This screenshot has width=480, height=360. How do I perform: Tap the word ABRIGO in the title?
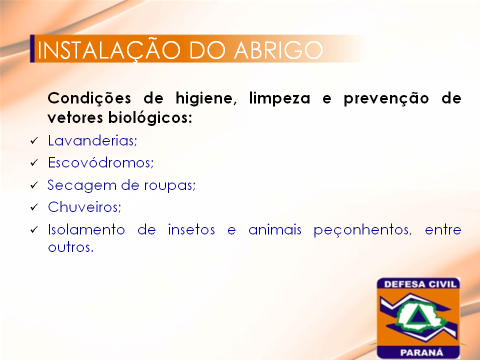pos(278,50)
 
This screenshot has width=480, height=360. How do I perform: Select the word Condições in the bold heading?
pos(89,98)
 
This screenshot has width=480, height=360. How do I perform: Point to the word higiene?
pos(206,99)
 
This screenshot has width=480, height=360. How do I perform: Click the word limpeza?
pos(279,99)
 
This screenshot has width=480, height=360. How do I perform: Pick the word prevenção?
pos(386,99)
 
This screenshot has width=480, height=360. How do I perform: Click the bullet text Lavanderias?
pos(92,140)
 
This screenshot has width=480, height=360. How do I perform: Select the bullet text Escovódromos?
pos(100,162)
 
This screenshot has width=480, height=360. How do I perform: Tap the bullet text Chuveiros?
pos(84,207)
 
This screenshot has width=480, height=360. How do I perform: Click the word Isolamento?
pos(86,229)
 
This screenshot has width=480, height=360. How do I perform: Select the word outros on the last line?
pos(70,247)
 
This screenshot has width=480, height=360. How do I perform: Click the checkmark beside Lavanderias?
pos(34,141)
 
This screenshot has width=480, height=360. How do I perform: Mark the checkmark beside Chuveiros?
pos(34,207)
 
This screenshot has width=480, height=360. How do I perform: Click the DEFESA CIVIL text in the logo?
pos(420,284)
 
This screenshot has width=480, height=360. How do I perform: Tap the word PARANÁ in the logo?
pos(421,352)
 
